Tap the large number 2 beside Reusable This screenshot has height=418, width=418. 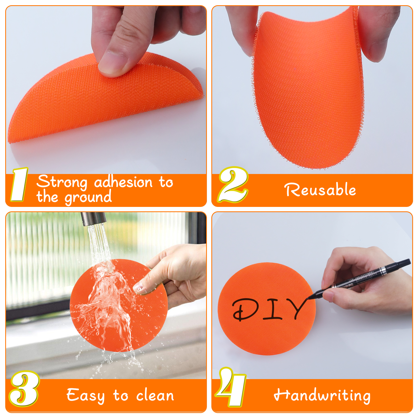click(233, 184)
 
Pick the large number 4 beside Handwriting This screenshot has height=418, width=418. click(231, 387)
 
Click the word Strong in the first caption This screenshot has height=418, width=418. click(62, 182)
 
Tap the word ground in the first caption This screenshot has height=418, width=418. click(88, 198)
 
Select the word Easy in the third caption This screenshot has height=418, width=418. click(85, 395)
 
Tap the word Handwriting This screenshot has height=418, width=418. click(322, 395)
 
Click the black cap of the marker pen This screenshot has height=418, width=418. click(397, 266)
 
